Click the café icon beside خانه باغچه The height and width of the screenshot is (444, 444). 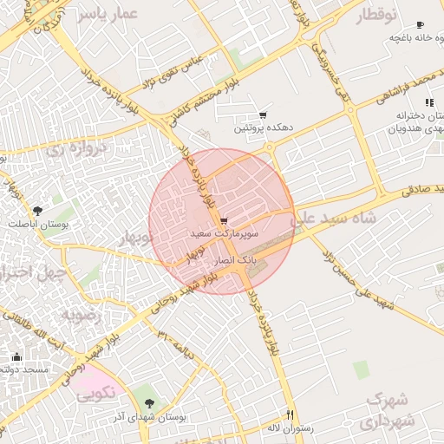[420, 25]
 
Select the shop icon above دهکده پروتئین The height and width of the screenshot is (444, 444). [263, 115]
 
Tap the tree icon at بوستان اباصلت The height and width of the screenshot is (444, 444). [36, 211]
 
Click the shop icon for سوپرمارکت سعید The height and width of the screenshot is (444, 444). [225, 222]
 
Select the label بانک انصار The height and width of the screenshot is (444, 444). [234, 260]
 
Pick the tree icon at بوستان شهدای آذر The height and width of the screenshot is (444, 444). [152, 402]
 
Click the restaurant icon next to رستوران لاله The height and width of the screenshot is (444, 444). [291, 415]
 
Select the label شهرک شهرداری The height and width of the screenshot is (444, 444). [389, 410]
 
